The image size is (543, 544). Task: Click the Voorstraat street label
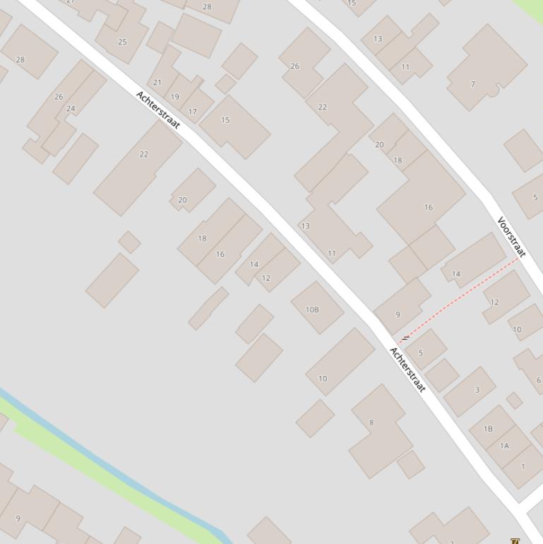pos(512,237)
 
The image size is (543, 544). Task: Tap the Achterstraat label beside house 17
pos(158,110)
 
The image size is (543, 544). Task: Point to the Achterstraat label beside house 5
pos(408,370)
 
